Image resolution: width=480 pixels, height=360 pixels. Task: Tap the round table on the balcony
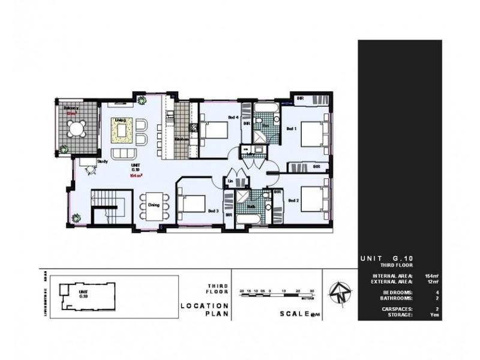tap(76, 129)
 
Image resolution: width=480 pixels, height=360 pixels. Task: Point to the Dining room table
tap(153, 205)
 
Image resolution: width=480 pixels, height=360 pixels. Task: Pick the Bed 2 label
tap(293, 200)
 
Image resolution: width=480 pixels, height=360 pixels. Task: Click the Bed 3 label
tap(213, 211)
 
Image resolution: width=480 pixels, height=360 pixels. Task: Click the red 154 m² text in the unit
tap(136, 176)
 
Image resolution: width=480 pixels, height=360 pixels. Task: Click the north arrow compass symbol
tap(340, 293)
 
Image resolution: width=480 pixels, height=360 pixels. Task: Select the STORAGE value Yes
tap(434, 314)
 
